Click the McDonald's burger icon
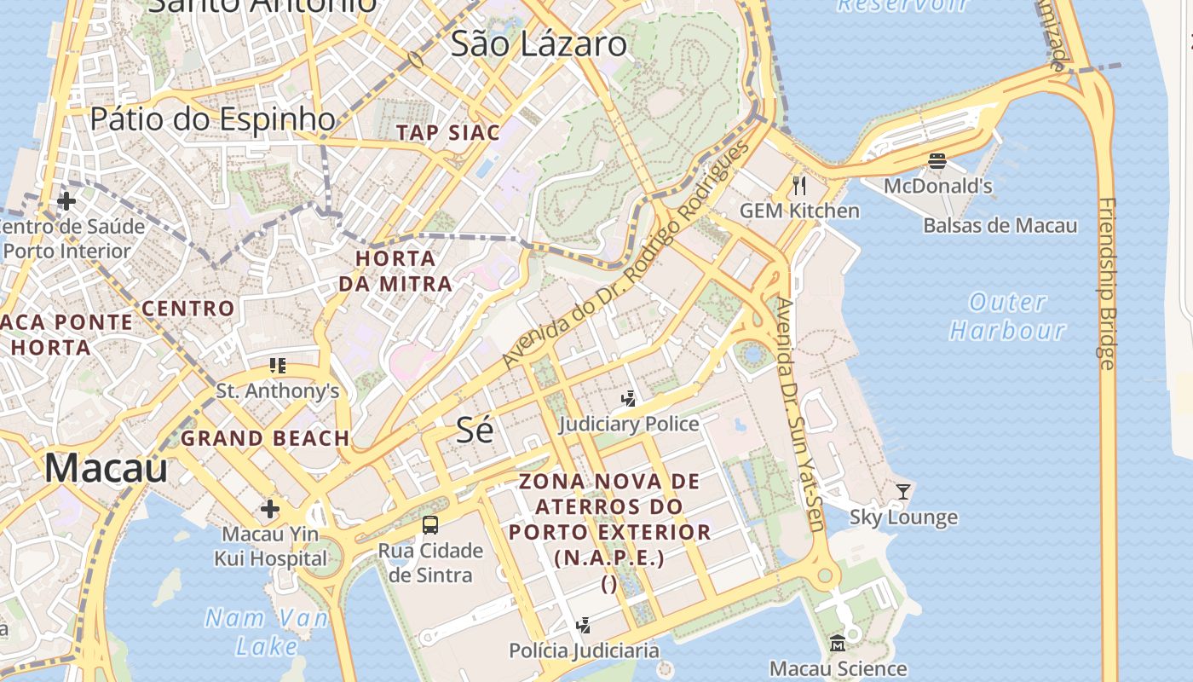(x=937, y=161)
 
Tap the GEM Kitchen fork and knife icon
(x=798, y=185)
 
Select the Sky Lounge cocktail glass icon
(x=903, y=491)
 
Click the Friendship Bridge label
(x=1107, y=284)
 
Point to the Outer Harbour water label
(x=1007, y=316)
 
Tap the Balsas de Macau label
(x=1000, y=226)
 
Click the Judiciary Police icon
(x=629, y=398)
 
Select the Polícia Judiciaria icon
(x=584, y=626)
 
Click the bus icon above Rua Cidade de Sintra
(x=430, y=525)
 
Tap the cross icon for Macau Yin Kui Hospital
(x=270, y=510)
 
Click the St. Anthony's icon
(x=277, y=366)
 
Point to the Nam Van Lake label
(x=266, y=632)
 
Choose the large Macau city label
(x=106, y=468)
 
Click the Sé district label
(x=475, y=430)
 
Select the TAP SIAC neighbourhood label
(x=448, y=133)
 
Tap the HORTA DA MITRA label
(x=395, y=271)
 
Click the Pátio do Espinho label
(x=212, y=119)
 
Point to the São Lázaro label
(x=539, y=44)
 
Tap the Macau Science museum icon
(x=837, y=643)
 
